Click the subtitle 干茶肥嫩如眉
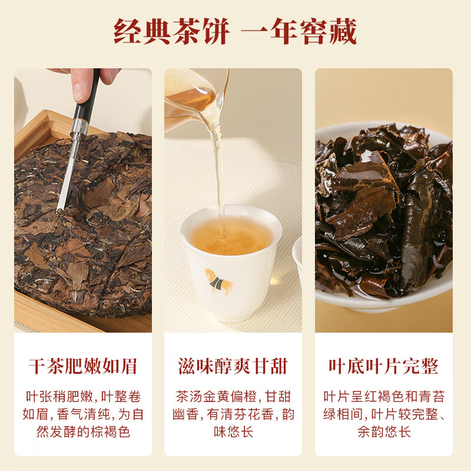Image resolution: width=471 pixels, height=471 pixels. (x=82, y=367)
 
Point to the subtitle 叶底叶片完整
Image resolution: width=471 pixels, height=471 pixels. (x=383, y=367)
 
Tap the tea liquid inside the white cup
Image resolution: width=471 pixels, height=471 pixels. (x=231, y=236)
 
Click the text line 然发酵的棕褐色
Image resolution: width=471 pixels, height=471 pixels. (x=83, y=432)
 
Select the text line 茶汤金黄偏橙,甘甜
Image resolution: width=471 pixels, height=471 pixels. (x=233, y=396)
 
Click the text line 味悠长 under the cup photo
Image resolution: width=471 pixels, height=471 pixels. (x=233, y=432)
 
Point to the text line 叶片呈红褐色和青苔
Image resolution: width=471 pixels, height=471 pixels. (x=383, y=396)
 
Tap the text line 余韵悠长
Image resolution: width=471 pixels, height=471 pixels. (x=383, y=432)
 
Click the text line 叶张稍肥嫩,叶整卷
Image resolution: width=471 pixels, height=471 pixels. (x=83, y=396)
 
